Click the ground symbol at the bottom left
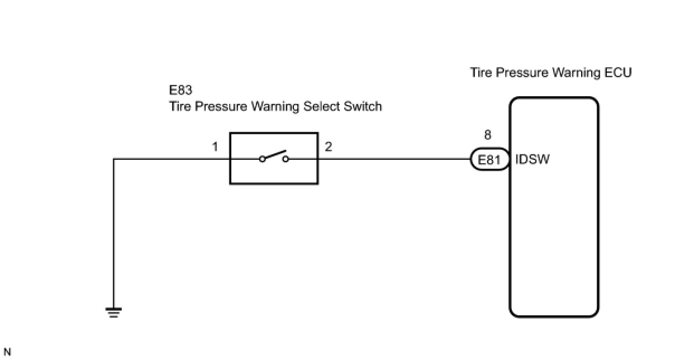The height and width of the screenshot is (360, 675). (x=113, y=313)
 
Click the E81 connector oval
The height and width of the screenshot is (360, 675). (x=489, y=160)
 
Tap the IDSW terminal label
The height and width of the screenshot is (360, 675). (x=533, y=160)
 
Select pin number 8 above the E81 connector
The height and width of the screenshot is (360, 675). (x=488, y=135)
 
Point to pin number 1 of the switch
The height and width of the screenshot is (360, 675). (x=215, y=147)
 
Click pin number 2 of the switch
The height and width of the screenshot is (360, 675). (x=328, y=147)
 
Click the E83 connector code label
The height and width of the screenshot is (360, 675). (x=181, y=90)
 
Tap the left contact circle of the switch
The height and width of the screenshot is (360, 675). (x=262, y=159)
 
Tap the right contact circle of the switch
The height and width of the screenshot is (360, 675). (x=286, y=159)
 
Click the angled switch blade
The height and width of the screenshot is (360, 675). (x=274, y=155)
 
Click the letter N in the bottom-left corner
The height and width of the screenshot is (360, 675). (x=7, y=352)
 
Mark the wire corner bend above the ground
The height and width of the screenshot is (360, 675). (x=114, y=159)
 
